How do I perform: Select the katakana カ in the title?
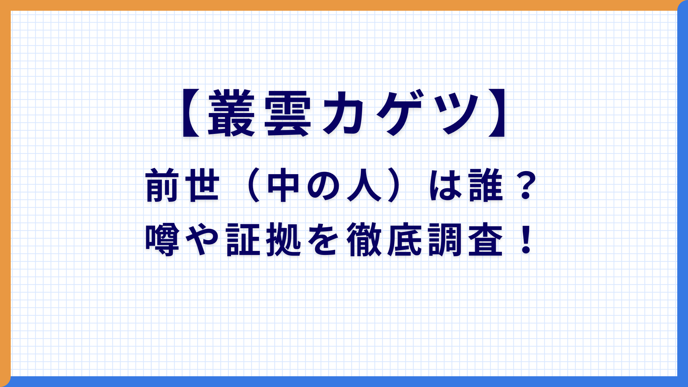pyautogui.click(x=343, y=113)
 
